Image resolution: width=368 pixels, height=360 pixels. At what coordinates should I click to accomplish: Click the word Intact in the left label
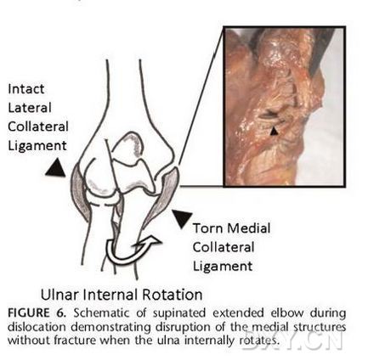point(25,89)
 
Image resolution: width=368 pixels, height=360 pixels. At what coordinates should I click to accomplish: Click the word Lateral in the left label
point(30,108)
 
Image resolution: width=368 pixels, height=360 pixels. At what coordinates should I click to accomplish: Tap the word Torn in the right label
point(207,228)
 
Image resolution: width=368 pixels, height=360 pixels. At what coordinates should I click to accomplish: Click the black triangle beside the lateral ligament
point(56,168)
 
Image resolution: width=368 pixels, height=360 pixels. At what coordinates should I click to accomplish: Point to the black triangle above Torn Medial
point(182,218)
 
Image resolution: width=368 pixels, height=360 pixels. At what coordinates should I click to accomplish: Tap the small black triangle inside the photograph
point(274,131)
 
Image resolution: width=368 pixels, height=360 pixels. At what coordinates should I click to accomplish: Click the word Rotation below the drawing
point(173,295)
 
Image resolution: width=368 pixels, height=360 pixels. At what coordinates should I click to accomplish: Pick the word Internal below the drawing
point(110,295)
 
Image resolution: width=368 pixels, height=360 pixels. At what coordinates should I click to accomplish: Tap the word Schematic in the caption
point(102,313)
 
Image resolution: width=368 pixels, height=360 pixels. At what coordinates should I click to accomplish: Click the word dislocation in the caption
point(37,327)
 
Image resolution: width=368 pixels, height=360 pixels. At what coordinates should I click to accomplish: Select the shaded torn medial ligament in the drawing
point(163,195)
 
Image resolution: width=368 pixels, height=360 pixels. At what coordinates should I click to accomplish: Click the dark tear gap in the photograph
point(269,115)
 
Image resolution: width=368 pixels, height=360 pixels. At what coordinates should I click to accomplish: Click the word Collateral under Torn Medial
point(224,247)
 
